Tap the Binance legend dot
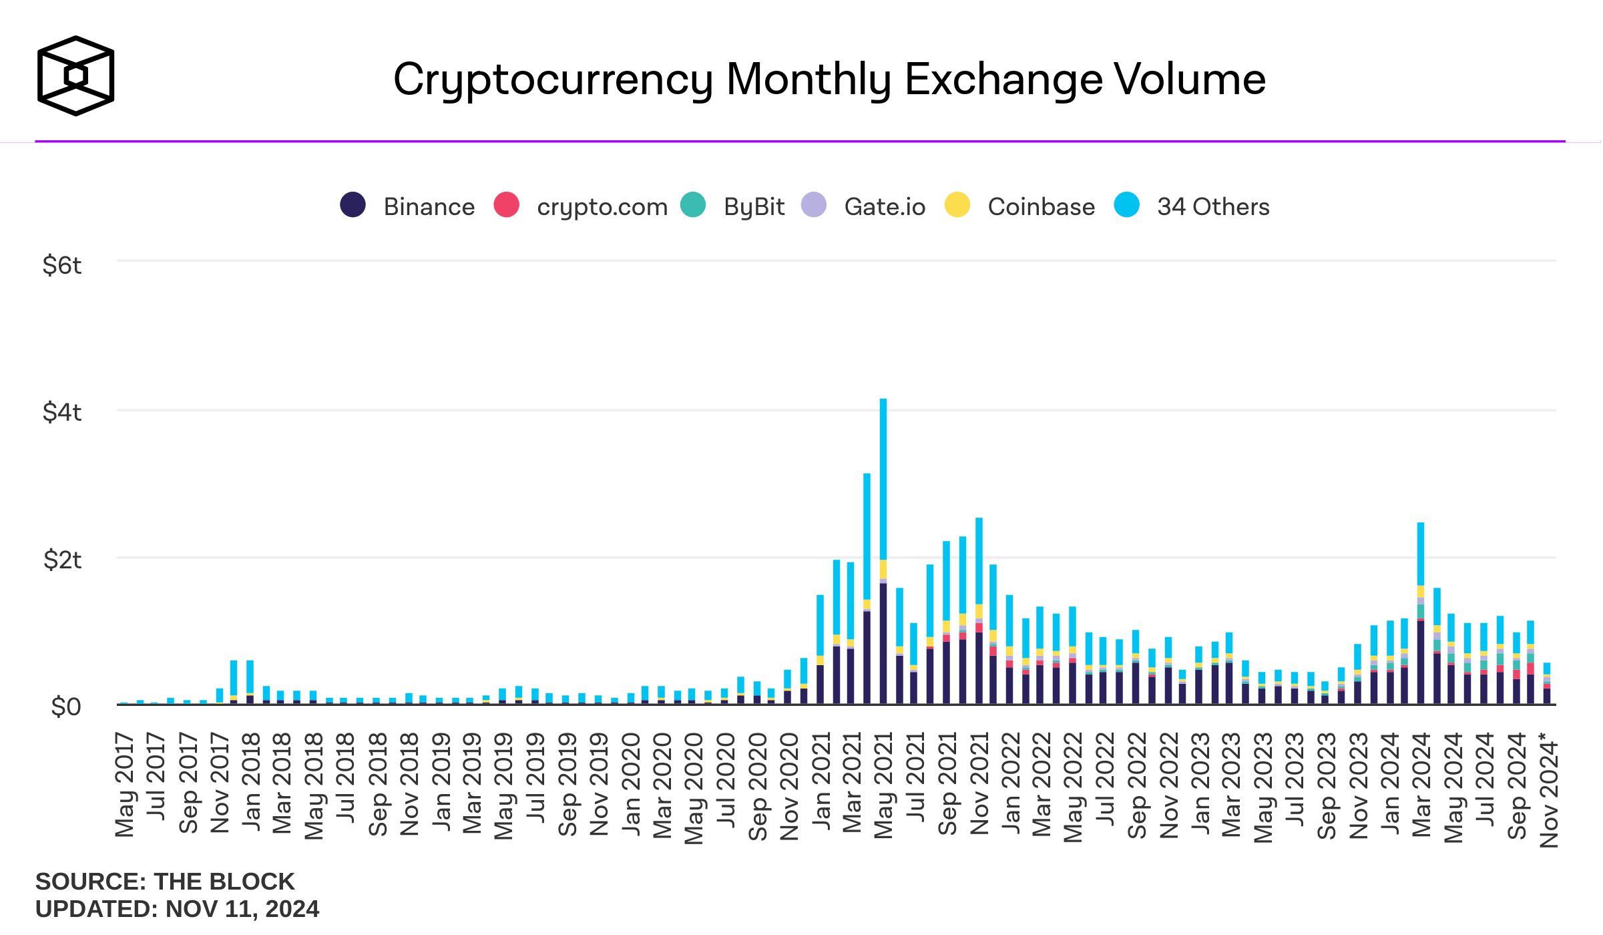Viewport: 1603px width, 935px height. [x=353, y=205]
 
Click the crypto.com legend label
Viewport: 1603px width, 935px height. [x=602, y=207]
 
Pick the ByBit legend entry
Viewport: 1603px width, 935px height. [x=753, y=207]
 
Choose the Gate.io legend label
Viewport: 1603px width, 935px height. [x=884, y=207]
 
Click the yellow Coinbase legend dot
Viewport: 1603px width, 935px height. [x=957, y=205]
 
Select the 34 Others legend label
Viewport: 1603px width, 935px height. [x=1212, y=207]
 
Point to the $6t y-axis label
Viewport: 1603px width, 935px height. [x=61, y=266]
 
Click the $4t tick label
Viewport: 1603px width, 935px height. [x=61, y=413]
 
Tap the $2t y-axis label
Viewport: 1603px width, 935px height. [x=61, y=560]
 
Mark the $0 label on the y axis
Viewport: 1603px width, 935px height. [x=65, y=707]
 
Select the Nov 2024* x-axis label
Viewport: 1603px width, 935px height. [x=1549, y=789]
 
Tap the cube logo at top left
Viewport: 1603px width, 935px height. [x=75, y=75]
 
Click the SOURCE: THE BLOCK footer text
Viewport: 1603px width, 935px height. [x=164, y=882]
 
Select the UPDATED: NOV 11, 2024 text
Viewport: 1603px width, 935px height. [x=177, y=909]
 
